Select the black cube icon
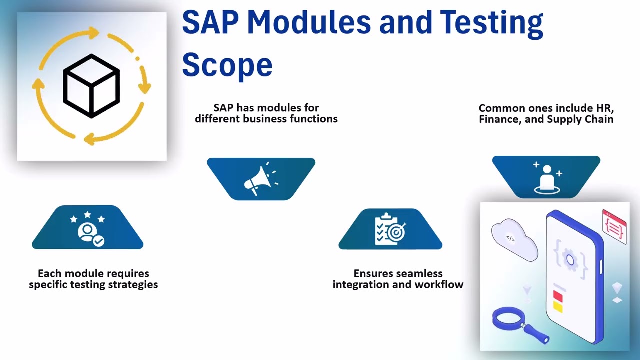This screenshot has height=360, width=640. tap(91, 86)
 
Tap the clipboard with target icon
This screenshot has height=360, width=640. tap(390, 229)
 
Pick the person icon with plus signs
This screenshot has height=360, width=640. tap(546, 177)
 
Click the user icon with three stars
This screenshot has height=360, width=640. tap(88, 229)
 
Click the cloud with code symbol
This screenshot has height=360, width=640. tap(514, 239)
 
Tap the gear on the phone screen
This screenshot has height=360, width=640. tap(569, 259)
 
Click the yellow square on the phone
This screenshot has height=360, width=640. tap(558, 307)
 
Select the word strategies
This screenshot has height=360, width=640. tap(132, 285)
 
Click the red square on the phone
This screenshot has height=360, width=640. tap(558, 296)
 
